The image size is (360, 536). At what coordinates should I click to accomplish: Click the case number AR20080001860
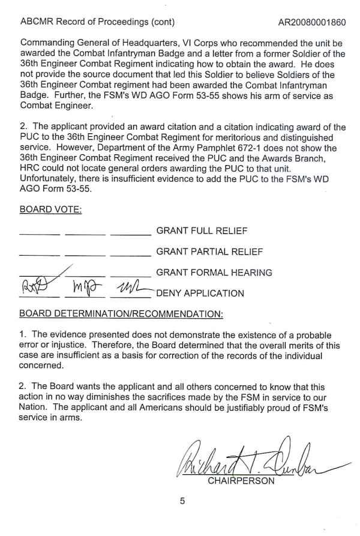[312, 23]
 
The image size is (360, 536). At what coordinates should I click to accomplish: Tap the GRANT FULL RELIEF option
[202, 230]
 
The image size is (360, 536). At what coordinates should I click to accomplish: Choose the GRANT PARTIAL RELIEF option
[209, 251]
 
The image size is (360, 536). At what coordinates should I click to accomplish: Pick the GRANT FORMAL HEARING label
[214, 273]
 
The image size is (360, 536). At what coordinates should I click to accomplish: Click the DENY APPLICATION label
[200, 294]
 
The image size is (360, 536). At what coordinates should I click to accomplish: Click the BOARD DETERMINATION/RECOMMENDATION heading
[121, 314]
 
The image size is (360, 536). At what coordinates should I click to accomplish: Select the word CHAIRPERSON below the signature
[241, 481]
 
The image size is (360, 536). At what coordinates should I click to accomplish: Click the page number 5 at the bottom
[182, 502]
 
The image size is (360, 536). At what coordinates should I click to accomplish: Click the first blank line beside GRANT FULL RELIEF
[40, 233]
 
